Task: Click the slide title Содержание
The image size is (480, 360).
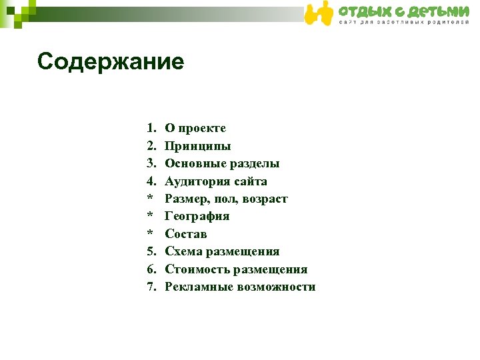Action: [111, 62]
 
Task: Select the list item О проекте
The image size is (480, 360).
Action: [195, 129]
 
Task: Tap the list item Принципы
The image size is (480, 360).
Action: [198, 146]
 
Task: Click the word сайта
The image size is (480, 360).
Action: [249, 181]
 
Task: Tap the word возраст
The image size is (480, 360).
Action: [265, 199]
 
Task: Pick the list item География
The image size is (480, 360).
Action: [197, 217]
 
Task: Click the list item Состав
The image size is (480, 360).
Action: [186, 234]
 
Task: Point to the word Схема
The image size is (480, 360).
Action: [183, 252]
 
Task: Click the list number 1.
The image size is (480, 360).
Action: [151, 129]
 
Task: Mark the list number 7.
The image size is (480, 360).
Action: [151, 287]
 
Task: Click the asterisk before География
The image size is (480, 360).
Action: [151, 217]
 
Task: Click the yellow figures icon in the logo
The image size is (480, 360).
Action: [319, 13]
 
